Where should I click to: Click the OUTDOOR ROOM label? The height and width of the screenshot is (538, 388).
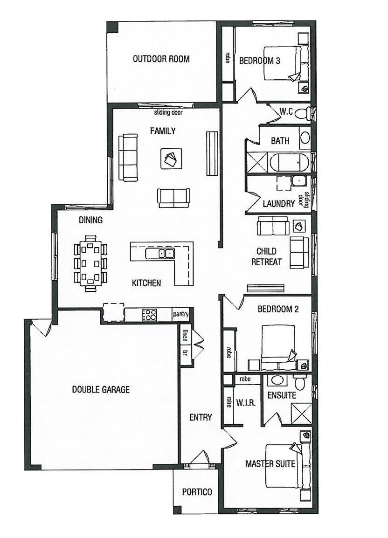(161, 59)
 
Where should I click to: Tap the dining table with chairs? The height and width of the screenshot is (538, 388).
(90, 263)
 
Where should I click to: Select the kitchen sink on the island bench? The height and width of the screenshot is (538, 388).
(160, 254)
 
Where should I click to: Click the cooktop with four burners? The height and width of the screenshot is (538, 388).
(149, 315)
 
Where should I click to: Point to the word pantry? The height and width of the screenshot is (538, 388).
(180, 314)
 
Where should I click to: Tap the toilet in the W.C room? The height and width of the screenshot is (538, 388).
(303, 114)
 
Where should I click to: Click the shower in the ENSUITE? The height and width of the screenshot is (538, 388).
(301, 414)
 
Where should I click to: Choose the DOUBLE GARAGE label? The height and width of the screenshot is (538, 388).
(101, 389)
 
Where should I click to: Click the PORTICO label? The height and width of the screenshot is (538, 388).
(197, 492)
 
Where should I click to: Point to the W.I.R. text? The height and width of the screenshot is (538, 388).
(246, 403)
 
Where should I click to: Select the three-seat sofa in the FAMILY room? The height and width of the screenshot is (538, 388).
(128, 158)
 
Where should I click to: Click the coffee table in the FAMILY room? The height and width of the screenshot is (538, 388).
(171, 159)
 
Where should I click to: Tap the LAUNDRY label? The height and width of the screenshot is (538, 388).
(279, 204)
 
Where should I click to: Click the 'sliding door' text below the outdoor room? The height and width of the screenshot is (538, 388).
(168, 112)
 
